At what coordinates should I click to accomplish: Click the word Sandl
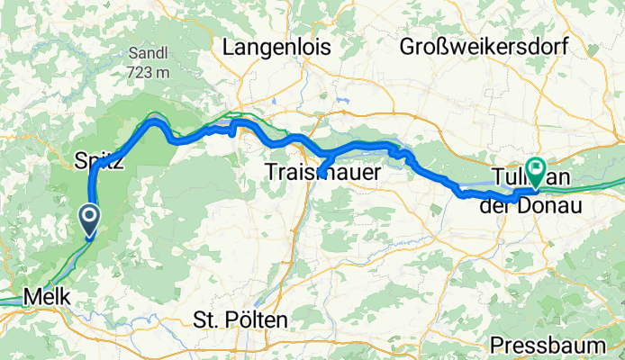click(146, 51)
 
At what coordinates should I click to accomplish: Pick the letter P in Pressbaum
click(499, 345)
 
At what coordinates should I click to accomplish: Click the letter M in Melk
click(29, 295)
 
